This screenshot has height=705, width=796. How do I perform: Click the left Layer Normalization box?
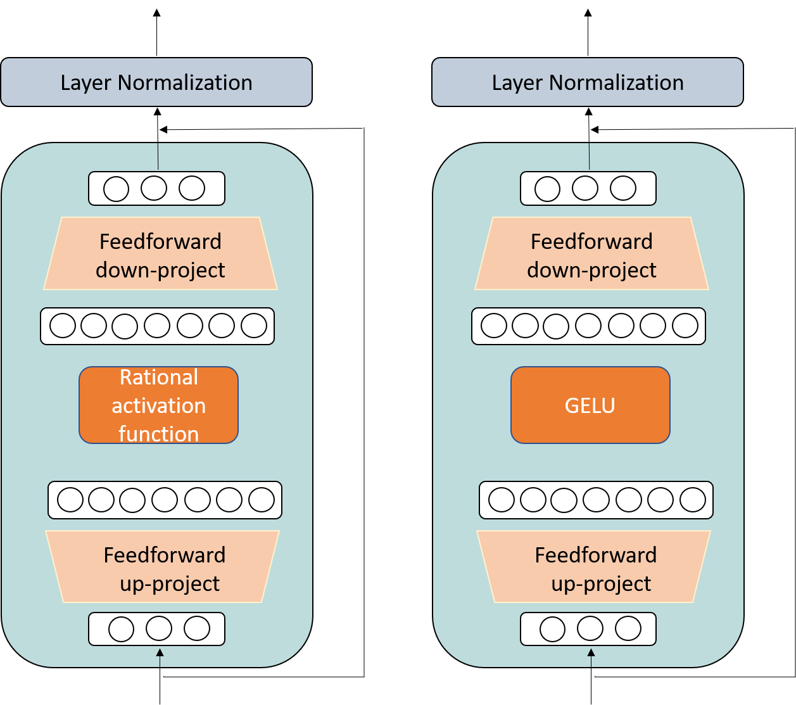pyautogui.click(x=156, y=82)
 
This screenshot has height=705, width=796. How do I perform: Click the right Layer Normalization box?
pyautogui.click(x=588, y=82)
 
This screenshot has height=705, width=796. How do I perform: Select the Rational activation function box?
pyautogui.click(x=158, y=405)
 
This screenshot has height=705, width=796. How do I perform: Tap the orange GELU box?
pyautogui.click(x=590, y=405)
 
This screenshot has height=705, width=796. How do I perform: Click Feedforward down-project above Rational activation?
pyautogui.click(x=160, y=255)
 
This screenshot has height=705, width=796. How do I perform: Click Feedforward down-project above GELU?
pyautogui.click(x=591, y=255)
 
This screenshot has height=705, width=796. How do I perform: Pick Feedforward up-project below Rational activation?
pyautogui.click(x=163, y=568)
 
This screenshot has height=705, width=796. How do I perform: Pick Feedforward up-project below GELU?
pyautogui.click(x=594, y=568)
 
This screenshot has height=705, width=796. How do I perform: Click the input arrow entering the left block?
pyautogui.click(x=160, y=657)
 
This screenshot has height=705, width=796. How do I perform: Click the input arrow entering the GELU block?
pyautogui.click(x=591, y=657)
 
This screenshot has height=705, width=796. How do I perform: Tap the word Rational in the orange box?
pyautogui.click(x=159, y=378)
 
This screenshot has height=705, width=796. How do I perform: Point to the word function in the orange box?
pyautogui.click(x=158, y=434)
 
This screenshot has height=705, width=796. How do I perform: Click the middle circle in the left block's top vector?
pyautogui.click(x=154, y=188)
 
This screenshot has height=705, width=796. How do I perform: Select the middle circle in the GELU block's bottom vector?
pyautogui.click(x=590, y=629)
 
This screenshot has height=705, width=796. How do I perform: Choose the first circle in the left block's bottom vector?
pyautogui.click(x=121, y=629)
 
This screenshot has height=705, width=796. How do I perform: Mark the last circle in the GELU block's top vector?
pyautogui.click(x=623, y=188)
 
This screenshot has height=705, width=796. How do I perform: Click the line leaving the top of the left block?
pyautogui.click(x=158, y=156)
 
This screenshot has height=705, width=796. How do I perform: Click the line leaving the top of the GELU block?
pyautogui.click(x=589, y=156)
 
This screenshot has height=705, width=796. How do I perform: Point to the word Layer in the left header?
pyautogui.click(x=86, y=83)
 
